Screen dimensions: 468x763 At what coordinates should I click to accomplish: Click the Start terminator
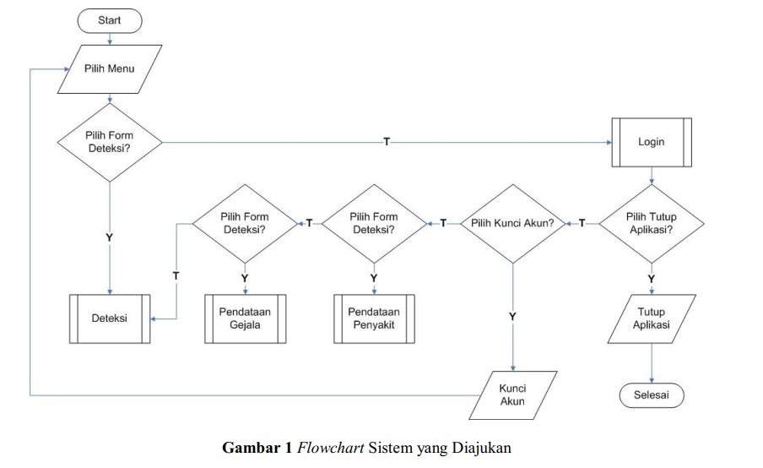[x=109, y=20]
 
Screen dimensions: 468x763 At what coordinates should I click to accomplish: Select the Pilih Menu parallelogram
[x=109, y=68]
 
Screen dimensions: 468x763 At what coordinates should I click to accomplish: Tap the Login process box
[x=651, y=142]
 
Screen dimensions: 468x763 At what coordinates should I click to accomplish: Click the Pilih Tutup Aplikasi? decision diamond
[x=651, y=223]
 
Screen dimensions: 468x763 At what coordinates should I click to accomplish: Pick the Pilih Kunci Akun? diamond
[x=512, y=223]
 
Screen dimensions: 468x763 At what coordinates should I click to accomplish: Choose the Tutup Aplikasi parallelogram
[x=651, y=318]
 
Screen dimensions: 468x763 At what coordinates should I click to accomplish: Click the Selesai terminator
[x=651, y=395]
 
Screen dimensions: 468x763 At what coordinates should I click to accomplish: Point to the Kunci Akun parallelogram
[x=512, y=395]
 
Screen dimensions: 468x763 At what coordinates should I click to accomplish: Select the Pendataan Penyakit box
[x=374, y=318]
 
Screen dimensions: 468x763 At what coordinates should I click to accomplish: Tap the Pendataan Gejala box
[x=245, y=318]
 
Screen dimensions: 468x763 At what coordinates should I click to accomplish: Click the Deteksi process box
[x=109, y=318]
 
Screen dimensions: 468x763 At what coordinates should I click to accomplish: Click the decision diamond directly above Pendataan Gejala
[x=245, y=223]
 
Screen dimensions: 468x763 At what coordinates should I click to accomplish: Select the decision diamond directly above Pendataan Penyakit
[x=374, y=223]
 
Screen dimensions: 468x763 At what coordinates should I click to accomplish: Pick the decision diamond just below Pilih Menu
[x=109, y=142]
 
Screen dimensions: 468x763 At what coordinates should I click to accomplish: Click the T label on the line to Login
[x=387, y=142]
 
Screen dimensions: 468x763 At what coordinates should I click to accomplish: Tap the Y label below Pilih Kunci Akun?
[x=512, y=316]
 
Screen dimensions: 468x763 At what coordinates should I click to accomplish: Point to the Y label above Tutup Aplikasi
[x=651, y=278]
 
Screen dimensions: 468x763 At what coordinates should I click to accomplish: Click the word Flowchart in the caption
[x=332, y=448]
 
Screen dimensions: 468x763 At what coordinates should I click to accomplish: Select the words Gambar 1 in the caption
[x=257, y=448]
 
